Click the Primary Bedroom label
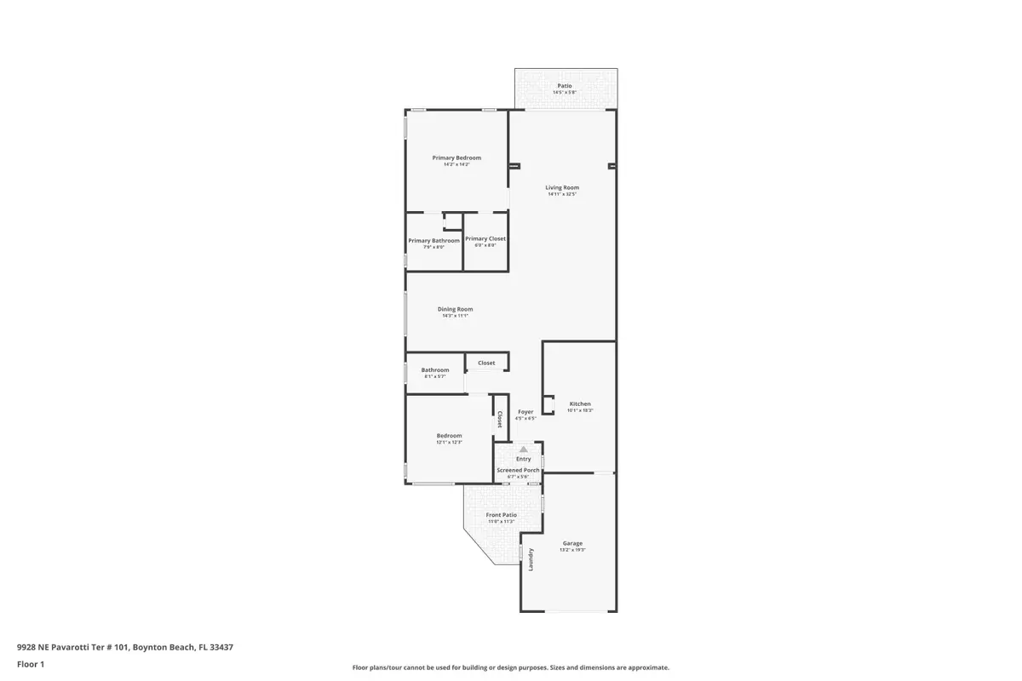(456, 157)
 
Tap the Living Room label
(562, 187)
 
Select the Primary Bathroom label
(433, 240)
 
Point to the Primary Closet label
(485, 238)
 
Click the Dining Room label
(455, 309)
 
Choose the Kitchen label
(580, 403)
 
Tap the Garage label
(572, 543)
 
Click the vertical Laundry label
(531, 559)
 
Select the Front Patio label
(501, 514)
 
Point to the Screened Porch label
(518, 470)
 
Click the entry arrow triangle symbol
(524, 449)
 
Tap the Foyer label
(525, 412)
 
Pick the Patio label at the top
(565, 85)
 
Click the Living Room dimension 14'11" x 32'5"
(562, 194)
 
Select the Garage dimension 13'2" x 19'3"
(572, 550)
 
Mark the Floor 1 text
(30, 664)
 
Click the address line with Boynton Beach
(124, 647)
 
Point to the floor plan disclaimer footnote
(510, 667)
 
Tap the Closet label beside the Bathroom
(486, 363)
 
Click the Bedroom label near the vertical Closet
(449, 435)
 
